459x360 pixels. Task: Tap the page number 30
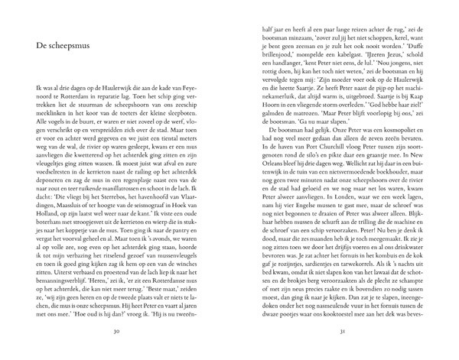(x=115, y=332)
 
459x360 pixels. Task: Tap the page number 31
(x=343, y=332)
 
